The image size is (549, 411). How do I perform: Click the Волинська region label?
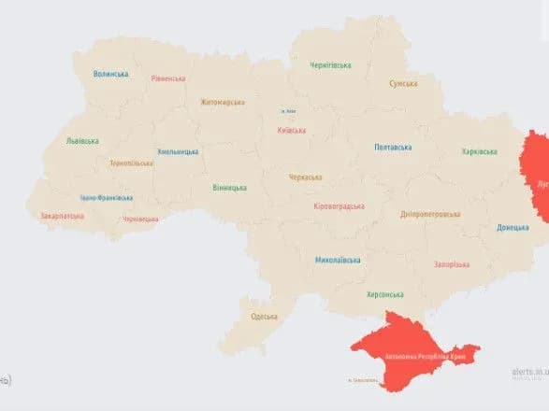111,74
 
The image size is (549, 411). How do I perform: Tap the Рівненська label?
167,78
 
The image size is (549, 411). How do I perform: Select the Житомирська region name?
222,102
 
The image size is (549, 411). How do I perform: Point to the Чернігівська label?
331,65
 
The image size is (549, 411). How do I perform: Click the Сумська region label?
403,83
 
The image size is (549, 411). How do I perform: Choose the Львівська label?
82,141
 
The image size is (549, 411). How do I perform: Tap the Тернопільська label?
131,163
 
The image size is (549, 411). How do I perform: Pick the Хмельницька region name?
178,151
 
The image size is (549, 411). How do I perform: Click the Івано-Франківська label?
106,198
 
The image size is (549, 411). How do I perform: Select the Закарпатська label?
62,217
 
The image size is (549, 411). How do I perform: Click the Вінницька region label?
229,188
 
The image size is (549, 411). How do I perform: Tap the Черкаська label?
305,177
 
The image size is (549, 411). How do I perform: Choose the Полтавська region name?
393,148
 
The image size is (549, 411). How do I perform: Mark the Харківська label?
479,151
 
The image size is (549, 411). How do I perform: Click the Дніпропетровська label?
430,214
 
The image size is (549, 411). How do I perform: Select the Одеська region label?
264,317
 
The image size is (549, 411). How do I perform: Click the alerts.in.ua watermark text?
529,372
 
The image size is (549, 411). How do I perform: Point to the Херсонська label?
359,293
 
